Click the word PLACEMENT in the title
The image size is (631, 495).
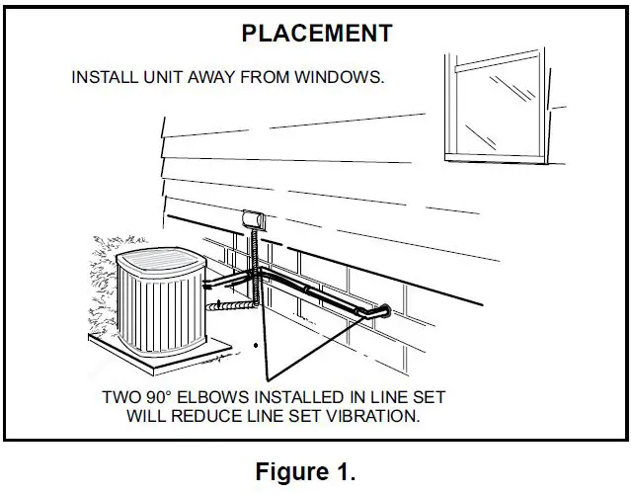point(316,33)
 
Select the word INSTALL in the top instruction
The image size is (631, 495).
point(104,77)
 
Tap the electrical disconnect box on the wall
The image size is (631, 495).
point(253,219)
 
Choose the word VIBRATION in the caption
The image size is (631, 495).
point(374,416)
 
